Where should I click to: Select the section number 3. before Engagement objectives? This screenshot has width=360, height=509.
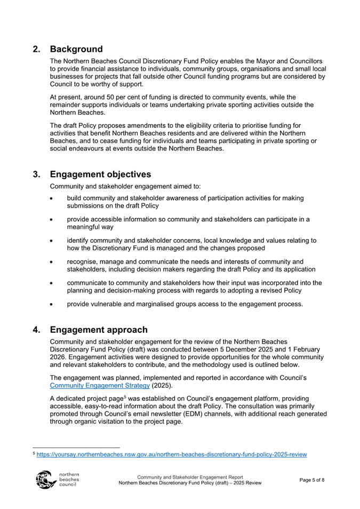[36, 174]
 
